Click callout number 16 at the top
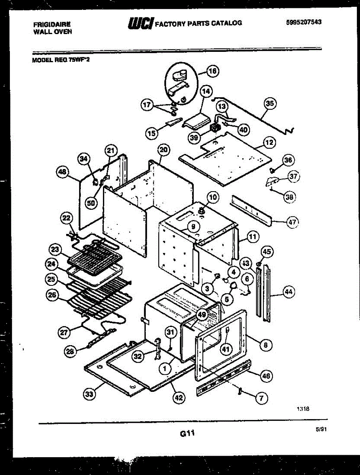coord(213,72)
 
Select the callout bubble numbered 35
coord(270,104)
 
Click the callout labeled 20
coord(163,150)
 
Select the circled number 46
coord(266,376)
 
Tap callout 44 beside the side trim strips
coord(289,292)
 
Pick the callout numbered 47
coord(292,222)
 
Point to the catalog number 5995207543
coord(303,22)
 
